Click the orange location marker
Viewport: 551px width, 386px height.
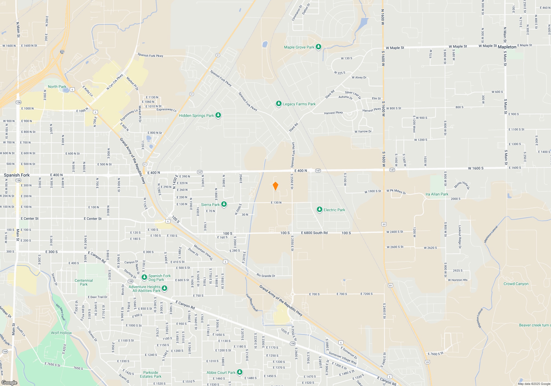pos(275,186)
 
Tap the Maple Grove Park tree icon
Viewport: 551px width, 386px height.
pos(318,47)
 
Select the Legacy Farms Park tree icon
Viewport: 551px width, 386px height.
pos(279,104)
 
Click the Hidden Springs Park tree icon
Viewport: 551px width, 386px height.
pos(218,115)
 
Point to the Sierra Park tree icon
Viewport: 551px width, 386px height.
pos(224,204)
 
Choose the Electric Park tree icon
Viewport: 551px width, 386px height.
pos(319,210)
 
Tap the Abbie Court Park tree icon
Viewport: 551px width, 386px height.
pos(240,372)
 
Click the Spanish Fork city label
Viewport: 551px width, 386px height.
pos(17,175)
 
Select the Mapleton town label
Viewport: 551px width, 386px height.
pos(507,47)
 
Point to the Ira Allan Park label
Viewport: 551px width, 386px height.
pos(437,194)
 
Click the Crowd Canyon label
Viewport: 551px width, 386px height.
pos(516,284)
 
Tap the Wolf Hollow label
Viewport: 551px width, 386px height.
pos(61,333)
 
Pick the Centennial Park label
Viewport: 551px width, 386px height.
pos(84,282)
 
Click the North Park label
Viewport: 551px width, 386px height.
pos(57,87)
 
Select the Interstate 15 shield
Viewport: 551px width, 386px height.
pos(62,52)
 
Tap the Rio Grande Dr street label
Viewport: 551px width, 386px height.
pos(266,276)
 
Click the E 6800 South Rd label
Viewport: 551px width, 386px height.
pos(314,233)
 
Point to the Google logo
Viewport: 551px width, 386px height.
pos(9,383)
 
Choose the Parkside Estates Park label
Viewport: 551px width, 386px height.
pos(150,374)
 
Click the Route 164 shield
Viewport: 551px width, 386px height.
pos(5,351)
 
